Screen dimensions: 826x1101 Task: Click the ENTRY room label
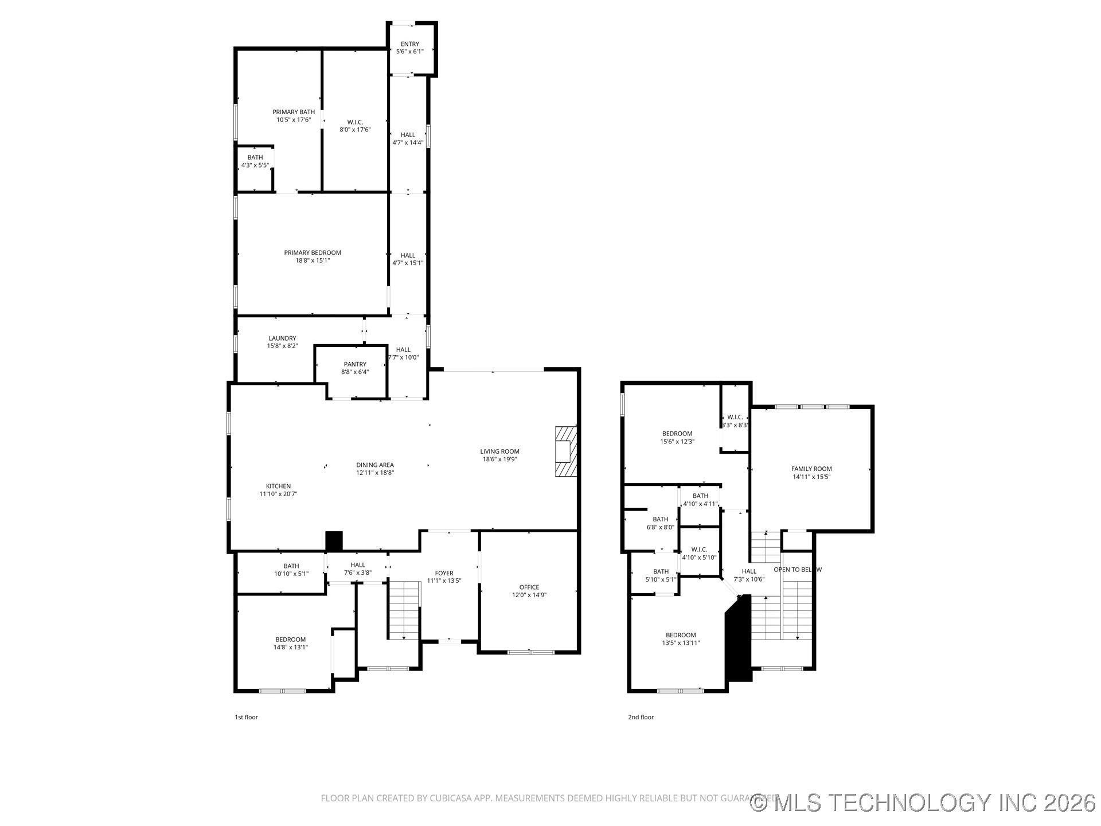pos(409,44)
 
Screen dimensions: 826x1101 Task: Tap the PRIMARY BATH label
pos(293,112)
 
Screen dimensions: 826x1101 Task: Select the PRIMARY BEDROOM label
pos(313,253)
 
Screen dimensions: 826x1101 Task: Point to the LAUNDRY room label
pos(282,338)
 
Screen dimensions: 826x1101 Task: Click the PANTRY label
pos(355,364)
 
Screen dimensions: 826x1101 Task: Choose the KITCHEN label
pos(278,486)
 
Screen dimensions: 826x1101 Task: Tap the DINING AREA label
pos(374,465)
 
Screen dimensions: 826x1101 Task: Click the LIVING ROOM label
pos(499,451)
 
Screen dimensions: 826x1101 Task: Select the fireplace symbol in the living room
pos(565,451)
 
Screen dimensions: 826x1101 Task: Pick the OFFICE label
pos(529,587)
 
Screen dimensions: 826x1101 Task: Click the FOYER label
pos(444,573)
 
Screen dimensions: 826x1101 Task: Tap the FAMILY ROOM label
pos(811,469)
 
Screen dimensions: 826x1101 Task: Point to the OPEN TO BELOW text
pos(797,570)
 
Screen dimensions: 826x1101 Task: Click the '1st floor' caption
pos(246,717)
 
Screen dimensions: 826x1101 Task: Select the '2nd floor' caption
pos(641,717)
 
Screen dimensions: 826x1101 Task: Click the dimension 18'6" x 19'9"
pos(499,459)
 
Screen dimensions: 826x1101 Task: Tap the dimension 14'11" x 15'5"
pos(811,477)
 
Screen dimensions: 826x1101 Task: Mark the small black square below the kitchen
pos(334,541)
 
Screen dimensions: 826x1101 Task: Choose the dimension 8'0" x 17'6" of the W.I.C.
pos(355,130)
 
